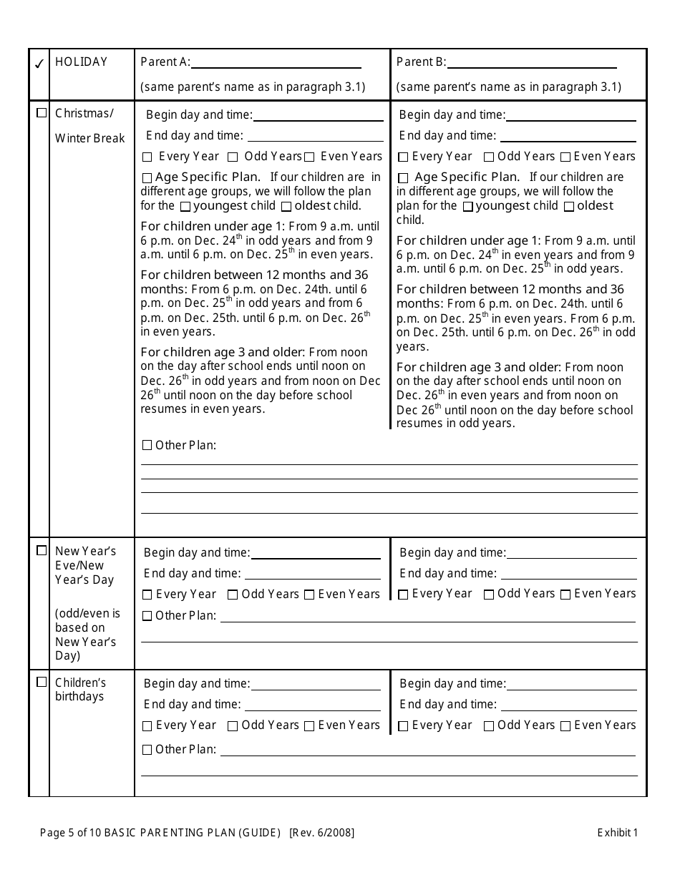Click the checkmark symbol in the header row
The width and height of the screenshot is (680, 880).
point(39,64)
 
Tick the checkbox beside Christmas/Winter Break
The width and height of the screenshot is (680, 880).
point(42,113)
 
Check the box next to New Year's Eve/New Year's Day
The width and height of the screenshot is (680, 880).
point(42,550)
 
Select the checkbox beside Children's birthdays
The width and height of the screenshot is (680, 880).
point(42,682)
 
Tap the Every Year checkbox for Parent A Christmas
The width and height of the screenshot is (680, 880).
point(147,157)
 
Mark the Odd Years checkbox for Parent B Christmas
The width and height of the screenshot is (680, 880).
point(489,157)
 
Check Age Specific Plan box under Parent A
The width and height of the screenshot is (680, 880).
point(147,178)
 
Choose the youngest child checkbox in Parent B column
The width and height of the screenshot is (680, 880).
point(468,207)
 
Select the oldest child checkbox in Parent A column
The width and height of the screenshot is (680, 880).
point(286,207)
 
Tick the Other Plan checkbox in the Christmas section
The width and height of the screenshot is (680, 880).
point(147,446)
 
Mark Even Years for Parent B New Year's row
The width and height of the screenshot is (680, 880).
point(565,595)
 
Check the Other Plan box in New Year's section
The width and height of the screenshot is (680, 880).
point(147,616)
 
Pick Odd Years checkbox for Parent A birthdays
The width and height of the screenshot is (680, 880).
point(233,726)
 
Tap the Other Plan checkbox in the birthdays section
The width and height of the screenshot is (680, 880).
point(147,751)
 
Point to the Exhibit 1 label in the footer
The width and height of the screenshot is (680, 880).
point(617,832)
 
